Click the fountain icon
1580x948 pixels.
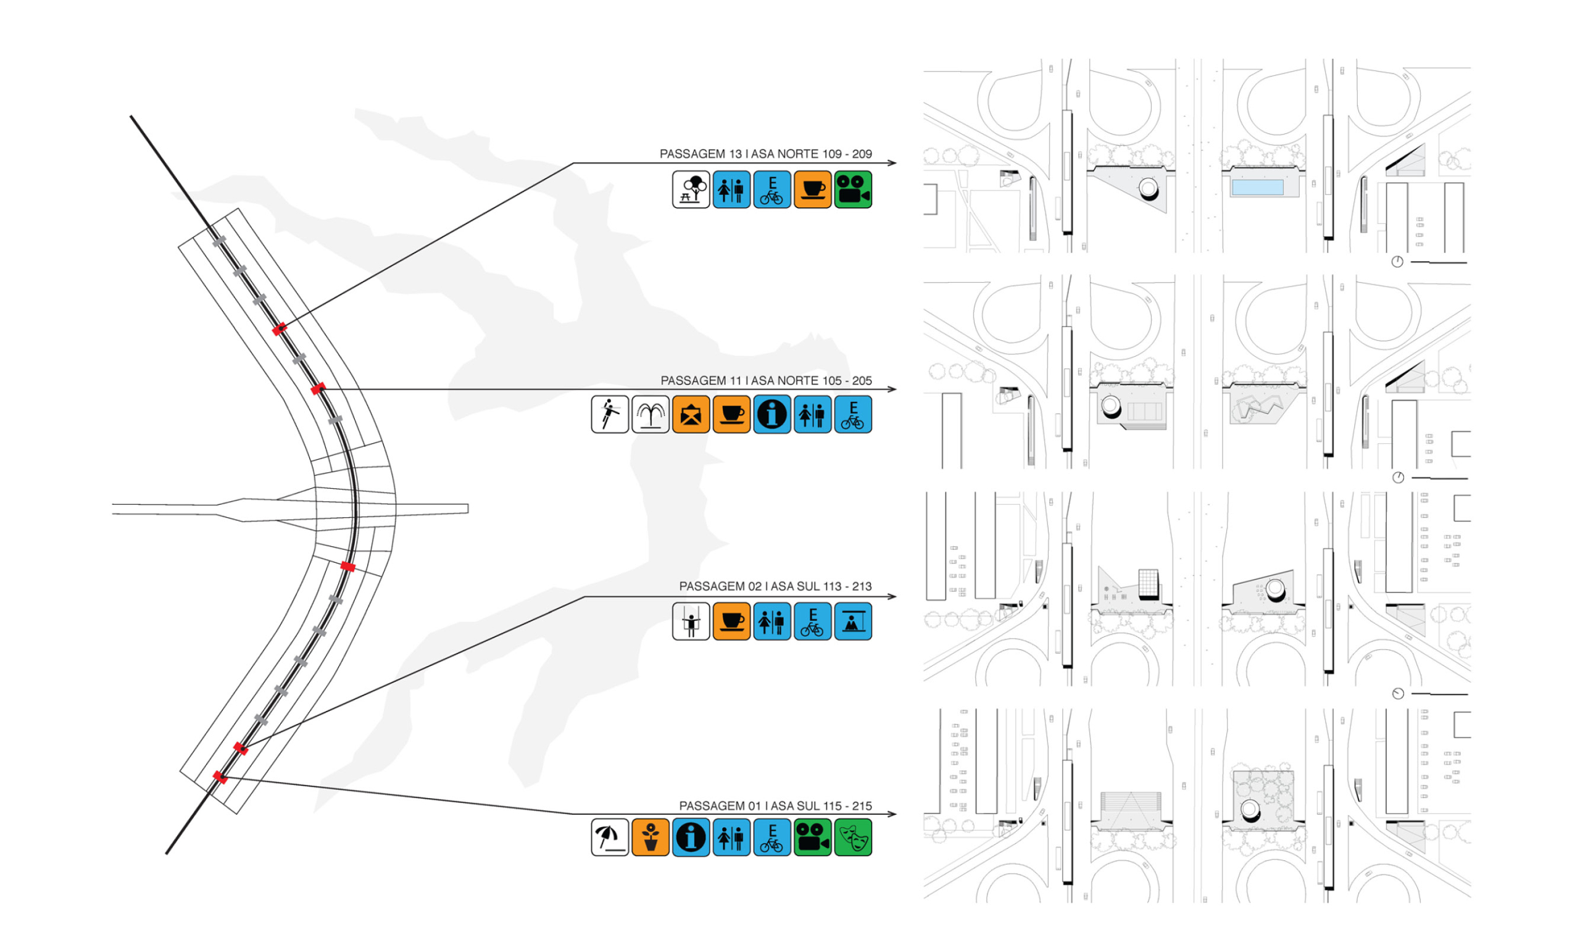pyautogui.click(x=650, y=415)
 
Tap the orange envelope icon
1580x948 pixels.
pyautogui.click(x=691, y=415)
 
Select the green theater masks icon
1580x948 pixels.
pyautogui.click(x=852, y=837)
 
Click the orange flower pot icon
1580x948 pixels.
pyautogui.click(x=650, y=837)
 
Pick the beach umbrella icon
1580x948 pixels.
pyautogui.click(x=609, y=837)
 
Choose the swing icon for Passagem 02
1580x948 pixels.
pyautogui.click(x=691, y=621)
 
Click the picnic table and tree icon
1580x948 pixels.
pyautogui.click(x=691, y=189)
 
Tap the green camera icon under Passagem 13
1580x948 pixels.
pyautogui.click(x=852, y=189)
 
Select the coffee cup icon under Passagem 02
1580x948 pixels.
pyautogui.click(x=731, y=621)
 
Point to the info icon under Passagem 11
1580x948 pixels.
pyautogui.click(x=771, y=415)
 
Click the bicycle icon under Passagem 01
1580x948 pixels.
pyautogui.click(x=771, y=837)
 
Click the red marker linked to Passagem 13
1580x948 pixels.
pyautogui.click(x=279, y=330)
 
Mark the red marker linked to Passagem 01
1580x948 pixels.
pyautogui.click(x=220, y=777)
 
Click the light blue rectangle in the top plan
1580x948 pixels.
pyautogui.click(x=1257, y=187)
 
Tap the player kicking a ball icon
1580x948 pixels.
pyautogui.click(x=609, y=415)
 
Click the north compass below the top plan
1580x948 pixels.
pyautogui.click(x=1397, y=262)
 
